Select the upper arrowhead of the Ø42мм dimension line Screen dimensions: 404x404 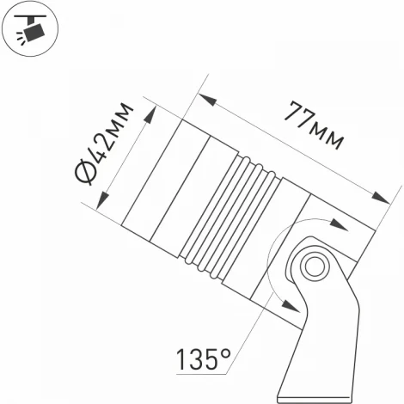[151, 110]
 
